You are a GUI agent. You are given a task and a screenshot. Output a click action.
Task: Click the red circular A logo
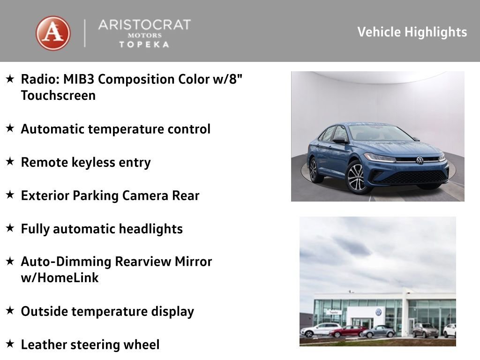tap(53, 33)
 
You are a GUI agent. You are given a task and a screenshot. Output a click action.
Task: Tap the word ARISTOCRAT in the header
tap(144, 25)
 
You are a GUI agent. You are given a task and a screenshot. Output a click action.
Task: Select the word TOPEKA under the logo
tap(144, 44)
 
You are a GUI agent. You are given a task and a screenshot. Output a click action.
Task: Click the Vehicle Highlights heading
tap(412, 32)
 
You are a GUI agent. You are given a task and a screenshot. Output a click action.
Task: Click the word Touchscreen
tap(58, 96)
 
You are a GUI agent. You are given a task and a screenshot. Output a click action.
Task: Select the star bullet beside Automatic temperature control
tap(10, 128)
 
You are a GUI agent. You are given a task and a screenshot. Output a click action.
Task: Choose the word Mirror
tap(193, 262)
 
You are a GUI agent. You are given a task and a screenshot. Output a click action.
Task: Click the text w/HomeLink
tap(60, 278)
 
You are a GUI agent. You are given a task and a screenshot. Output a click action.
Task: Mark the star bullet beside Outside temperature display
tap(10, 311)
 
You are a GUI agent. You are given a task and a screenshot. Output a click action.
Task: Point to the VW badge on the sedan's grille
tap(420, 160)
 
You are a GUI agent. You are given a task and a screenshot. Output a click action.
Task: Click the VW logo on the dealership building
tap(378, 312)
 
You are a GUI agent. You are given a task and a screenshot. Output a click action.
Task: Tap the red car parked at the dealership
tap(346, 332)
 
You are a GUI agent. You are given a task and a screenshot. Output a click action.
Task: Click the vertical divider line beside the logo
tap(85, 33)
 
